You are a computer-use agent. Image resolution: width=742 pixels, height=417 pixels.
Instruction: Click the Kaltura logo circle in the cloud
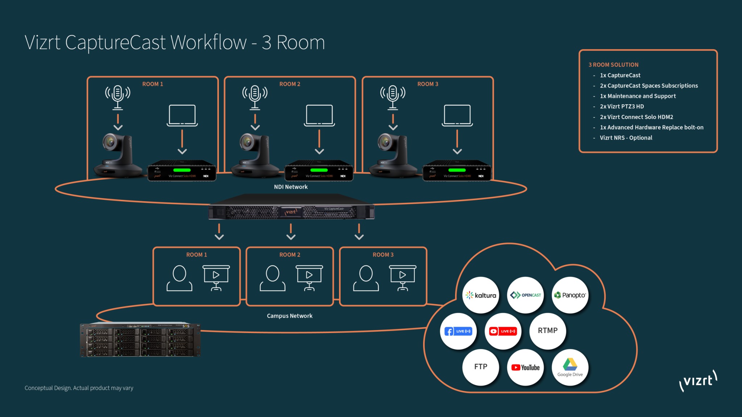(x=481, y=295)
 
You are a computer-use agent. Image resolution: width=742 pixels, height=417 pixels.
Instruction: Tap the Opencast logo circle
(x=525, y=295)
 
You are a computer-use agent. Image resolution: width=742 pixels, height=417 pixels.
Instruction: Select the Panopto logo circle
(x=570, y=295)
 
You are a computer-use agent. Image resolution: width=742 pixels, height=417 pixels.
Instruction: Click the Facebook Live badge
(x=458, y=331)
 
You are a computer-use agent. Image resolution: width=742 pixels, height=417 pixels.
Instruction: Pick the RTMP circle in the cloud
(x=547, y=331)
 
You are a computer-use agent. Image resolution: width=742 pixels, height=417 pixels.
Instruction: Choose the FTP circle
(x=481, y=367)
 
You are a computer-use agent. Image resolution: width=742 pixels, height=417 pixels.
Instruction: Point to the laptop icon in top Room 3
(x=457, y=115)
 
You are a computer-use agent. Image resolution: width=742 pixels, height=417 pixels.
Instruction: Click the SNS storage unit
(x=140, y=340)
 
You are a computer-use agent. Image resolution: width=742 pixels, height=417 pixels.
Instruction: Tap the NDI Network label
(x=291, y=187)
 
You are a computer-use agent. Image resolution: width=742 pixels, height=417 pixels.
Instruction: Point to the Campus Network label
(x=289, y=316)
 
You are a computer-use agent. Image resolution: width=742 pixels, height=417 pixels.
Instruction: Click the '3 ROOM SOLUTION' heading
(x=613, y=65)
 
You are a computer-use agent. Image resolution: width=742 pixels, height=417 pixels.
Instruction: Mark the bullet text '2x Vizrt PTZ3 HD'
(x=622, y=106)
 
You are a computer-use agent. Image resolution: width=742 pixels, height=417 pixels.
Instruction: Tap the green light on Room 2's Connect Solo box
(x=319, y=170)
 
